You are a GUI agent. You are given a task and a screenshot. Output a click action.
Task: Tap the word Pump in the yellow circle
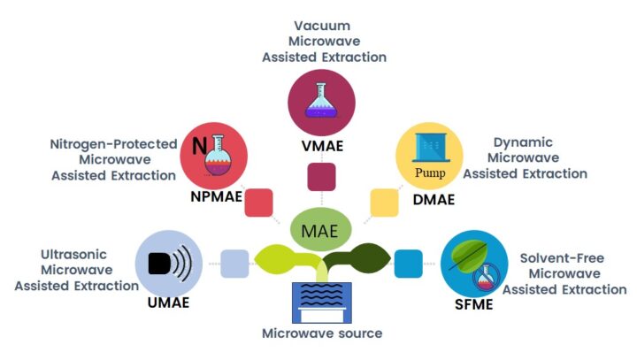pos(430,172)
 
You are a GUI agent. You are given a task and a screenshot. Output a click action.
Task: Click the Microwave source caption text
pos(322,333)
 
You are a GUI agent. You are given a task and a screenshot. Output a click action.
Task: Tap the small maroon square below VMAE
pos(320,177)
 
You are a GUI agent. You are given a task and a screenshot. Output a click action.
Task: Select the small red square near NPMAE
pos(258,203)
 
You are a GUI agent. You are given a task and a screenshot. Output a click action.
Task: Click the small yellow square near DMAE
pos(383,203)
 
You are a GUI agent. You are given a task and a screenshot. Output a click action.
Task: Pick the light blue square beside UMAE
pos(234,264)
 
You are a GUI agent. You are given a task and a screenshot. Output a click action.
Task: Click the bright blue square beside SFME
pos(408,264)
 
